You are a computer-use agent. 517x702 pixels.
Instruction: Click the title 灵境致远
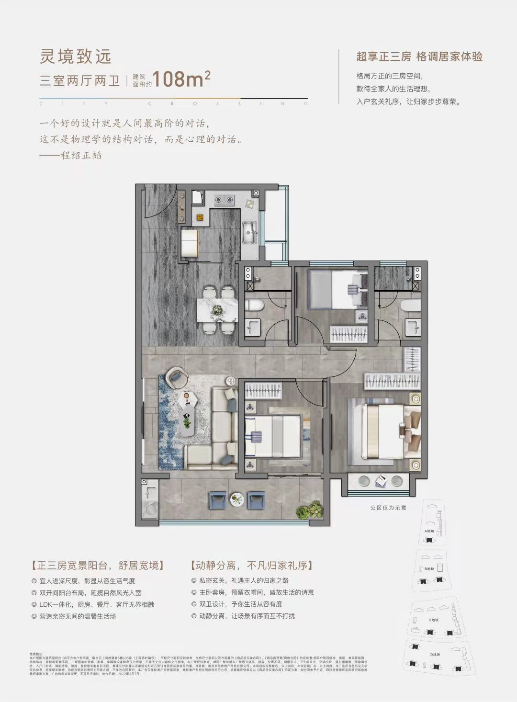[x=76, y=57]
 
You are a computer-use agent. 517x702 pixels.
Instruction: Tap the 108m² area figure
[x=181, y=79]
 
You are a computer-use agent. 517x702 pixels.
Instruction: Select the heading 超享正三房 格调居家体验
[x=419, y=57]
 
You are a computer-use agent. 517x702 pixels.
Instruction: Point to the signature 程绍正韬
[x=81, y=156]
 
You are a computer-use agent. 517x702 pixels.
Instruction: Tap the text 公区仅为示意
[x=388, y=508]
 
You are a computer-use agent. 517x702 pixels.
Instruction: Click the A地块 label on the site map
[x=429, y=532]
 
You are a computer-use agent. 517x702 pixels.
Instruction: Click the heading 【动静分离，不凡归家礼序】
[x=251, y=566]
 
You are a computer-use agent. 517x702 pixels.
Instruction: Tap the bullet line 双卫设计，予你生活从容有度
[x=241, y=604]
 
